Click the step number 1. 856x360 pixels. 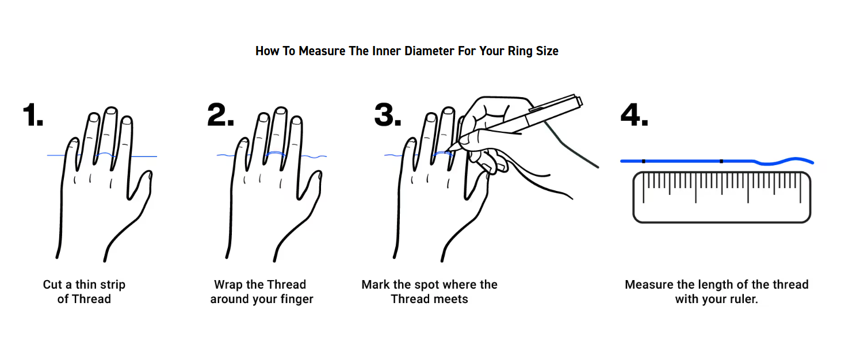click(x=33, y=114)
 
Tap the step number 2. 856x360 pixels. click(x=220, y=114)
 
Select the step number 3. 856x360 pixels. click(x=388, y=114)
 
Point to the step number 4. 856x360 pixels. click(x=635, y=114)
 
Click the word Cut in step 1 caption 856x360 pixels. click(x=52, y=285)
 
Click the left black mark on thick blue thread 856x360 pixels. click(x=644, y=161)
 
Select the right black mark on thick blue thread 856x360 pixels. click(x=721, y=161)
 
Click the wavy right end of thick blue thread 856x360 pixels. click(x=812, y=162)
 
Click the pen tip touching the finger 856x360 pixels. click(x=449, y=151)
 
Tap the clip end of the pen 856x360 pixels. click(x=579, y=101)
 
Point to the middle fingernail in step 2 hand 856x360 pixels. click(x=281, y=111)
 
